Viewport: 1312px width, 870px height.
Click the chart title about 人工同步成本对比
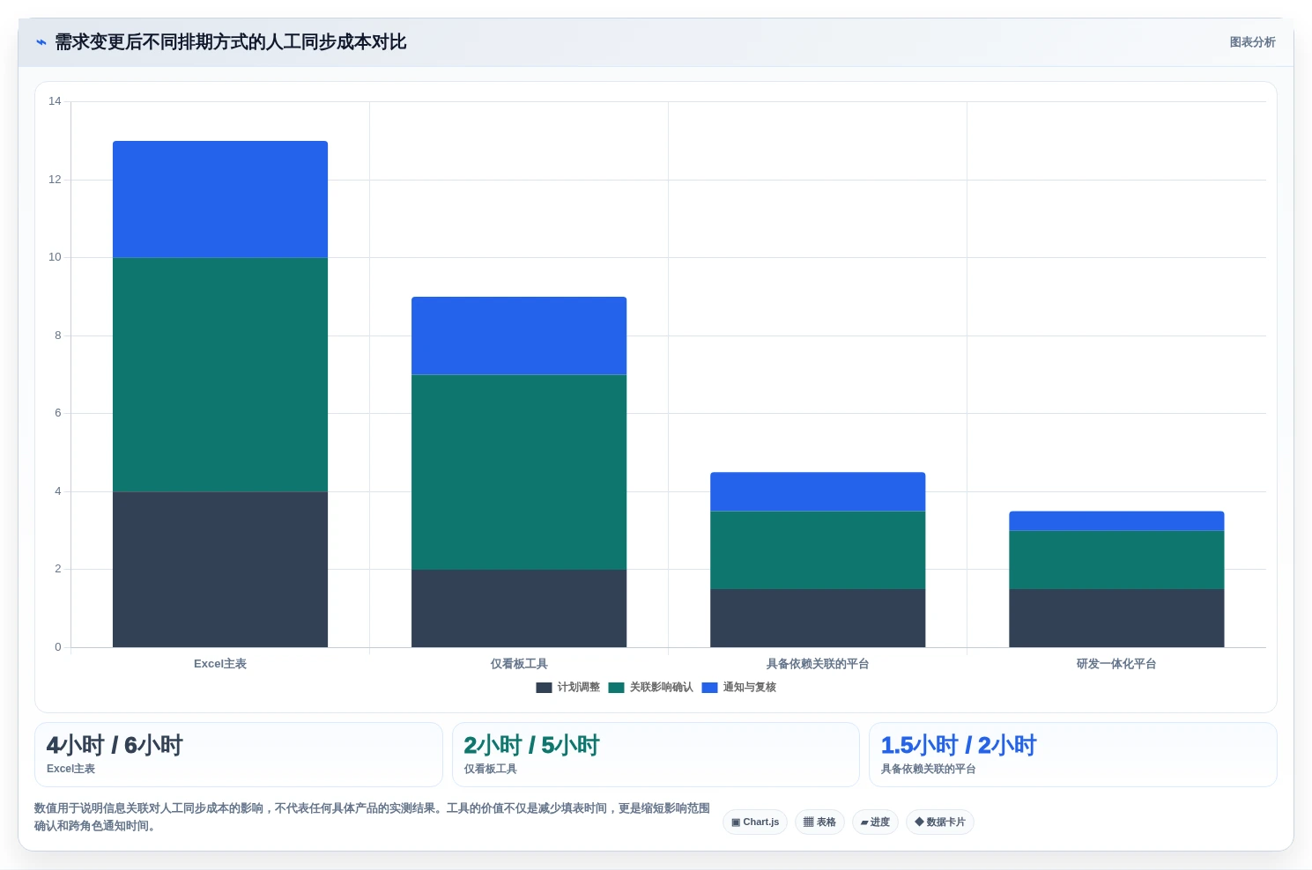pyautogui.click(x=230, y=42)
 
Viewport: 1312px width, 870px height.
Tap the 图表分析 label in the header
pyautogui.click(x=1252, y=42)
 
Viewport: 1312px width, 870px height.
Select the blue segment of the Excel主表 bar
pyautogui.click(x=220, y=199)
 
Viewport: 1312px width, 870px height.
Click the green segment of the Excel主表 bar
pyautogui.click(x=220, y=375)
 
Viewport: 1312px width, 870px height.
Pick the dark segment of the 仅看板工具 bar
pyautogui.click(x=519, y=608)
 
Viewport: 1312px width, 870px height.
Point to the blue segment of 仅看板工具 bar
pyautogui.click(x=519, y=335)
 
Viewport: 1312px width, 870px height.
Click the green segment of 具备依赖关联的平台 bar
pyautogui.click(x=818, y=550)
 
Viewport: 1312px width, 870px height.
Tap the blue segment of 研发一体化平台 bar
pyautogui.click(x=1116, y=521)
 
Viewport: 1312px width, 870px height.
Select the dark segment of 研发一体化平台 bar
pyautogui.click(x=1116, y=618)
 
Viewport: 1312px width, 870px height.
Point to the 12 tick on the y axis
pyautogui.click(x=55, y=179)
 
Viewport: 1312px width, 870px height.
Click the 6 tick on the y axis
pyautogui.click(x=57, y=413)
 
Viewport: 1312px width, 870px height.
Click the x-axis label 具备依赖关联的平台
pyautogui.click(x=818, y=664)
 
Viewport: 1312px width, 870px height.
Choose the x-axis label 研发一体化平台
pyautogui.click(x=1116, y=664)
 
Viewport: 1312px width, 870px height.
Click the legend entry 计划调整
pyautogui.click(x=568, y=688)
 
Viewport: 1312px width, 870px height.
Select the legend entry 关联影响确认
pyautogui.click(x=651, y=688)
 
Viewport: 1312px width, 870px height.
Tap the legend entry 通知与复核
pyautogui.click(x=739, y=688)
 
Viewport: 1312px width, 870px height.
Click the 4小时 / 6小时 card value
pyautogui.click(x=115, y=745)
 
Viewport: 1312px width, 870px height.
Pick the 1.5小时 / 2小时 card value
pyautogui.click(x=959, y=745)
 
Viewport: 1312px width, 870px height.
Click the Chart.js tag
pyautogui.click(x=755, y=822)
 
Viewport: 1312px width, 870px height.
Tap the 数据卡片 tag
pyautogui.click(x=940, y=822)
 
